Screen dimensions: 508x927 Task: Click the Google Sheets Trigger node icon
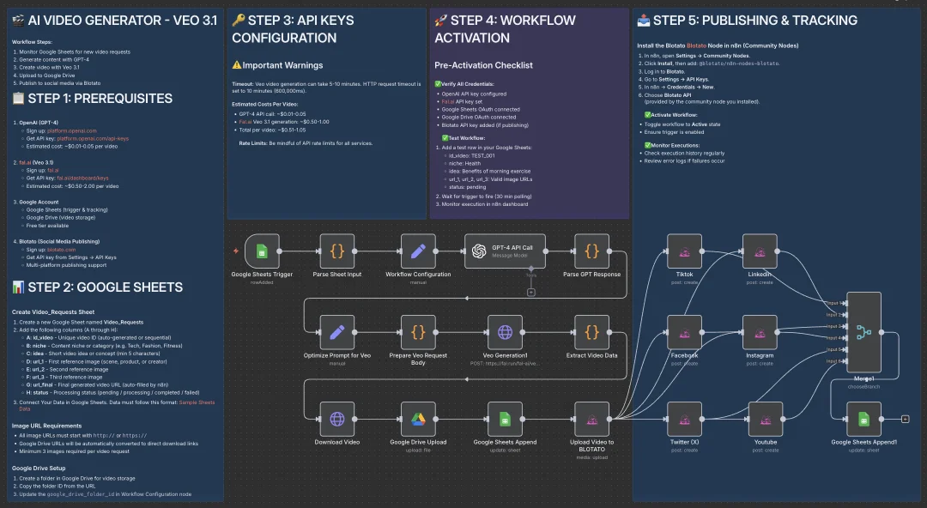point(262,251)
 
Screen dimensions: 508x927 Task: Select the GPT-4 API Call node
point(505,251)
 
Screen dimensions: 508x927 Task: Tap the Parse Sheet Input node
point(337,251)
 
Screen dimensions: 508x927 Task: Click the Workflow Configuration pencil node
point(418,251)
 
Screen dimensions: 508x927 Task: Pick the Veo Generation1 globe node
point(505,332)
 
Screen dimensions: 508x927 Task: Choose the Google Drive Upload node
point(418,420)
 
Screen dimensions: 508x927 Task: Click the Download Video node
point(337,420)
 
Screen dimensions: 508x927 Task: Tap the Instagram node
point(760,332)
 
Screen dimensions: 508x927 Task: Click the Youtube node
point(766,420)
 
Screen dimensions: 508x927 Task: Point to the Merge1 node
point(863,332)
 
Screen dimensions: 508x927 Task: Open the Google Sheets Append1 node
point(863,420)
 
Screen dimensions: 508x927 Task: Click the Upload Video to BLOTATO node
point(591,420)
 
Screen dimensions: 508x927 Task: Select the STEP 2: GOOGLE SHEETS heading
point(97,287)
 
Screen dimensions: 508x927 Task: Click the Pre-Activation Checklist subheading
point(483,65)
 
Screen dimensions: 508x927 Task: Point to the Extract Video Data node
point(591,332)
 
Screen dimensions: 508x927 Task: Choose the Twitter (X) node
point(685,420)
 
